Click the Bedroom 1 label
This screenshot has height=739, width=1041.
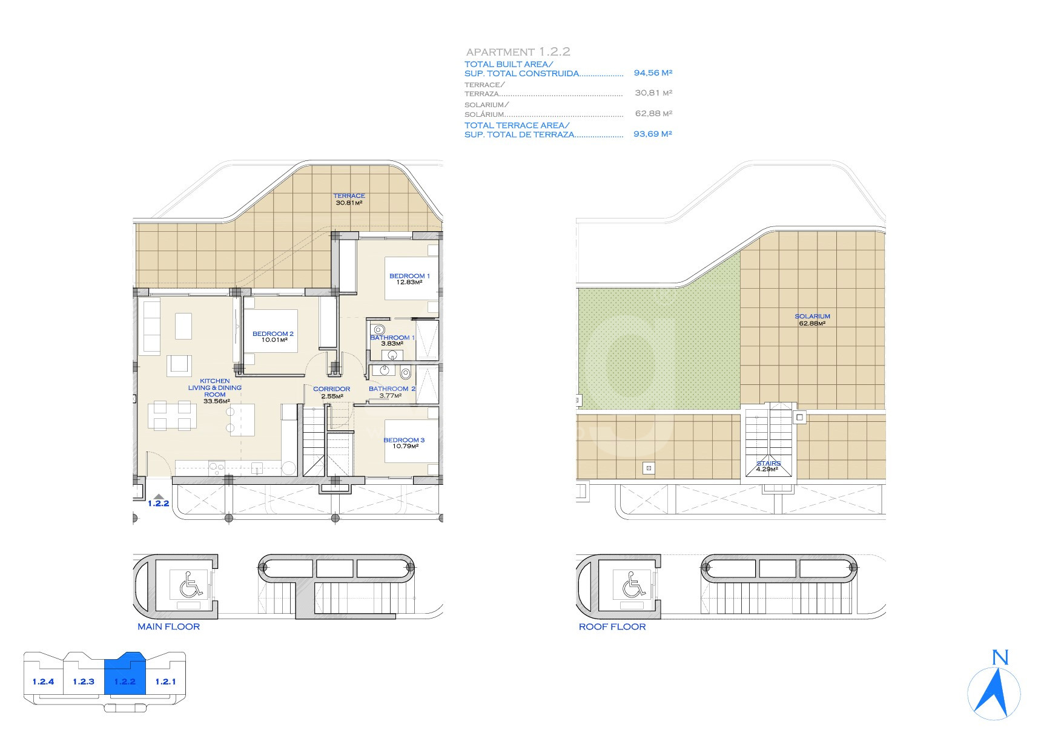(x=409, y=276)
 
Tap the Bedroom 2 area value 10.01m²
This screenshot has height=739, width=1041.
(x=274, y=340)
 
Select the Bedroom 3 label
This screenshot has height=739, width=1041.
(x=404, y=440)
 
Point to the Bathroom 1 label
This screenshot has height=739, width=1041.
(x=392, y=338)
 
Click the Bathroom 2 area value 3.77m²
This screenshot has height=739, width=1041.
(x=391, y=396)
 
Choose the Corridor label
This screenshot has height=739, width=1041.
(x=331, y=389)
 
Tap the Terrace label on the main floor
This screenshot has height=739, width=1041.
(x=349, y=196)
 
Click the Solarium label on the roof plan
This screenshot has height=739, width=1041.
(x=813, y=317)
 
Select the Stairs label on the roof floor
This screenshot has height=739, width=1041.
(x=768, y=464)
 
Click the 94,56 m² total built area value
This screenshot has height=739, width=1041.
(x=653, y=73)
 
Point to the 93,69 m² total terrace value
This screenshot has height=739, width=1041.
(x=653, y=134)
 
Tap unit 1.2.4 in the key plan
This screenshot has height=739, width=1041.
(x=43, y=682)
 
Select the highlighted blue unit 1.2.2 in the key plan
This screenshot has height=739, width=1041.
(x=124, y=679)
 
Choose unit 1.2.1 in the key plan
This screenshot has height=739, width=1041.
(x=165, y=682)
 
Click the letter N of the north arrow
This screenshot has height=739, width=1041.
(x=1000, y=657)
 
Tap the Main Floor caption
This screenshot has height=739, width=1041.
(x=168, y=626)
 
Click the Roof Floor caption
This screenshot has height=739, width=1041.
(x=612, y=626)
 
